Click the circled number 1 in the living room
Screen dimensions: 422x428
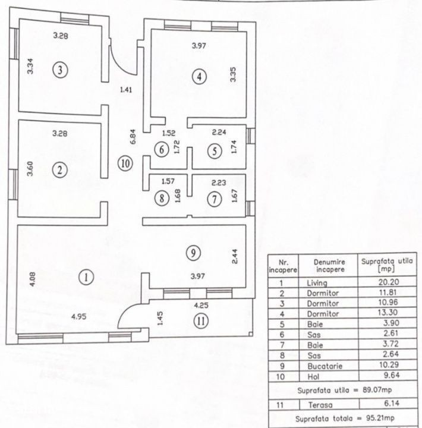tap(86, 278)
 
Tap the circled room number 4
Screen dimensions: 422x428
tap(199, 77)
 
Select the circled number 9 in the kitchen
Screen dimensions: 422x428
tap(193, 253)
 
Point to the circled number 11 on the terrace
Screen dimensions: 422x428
tap(201, 321)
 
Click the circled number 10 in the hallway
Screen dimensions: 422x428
tap(125, 163)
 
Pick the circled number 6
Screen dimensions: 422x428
tap(162, 150)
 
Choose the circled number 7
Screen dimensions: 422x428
tap(215, 199)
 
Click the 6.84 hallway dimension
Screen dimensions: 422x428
tap(133, 137)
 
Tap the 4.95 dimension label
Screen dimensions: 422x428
tap(78, 317)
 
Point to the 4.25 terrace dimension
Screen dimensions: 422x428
tap(201, 305)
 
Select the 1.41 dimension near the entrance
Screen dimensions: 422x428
tap(126, 89)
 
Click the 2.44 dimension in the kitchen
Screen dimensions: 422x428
tap(234, 257)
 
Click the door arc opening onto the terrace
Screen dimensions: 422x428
tap(129, 314)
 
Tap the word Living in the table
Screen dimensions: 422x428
tap(317, 283)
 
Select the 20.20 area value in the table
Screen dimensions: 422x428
tap(389, 282)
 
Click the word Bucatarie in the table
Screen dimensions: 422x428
tap(325, 366)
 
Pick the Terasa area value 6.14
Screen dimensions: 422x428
tap(392, 403)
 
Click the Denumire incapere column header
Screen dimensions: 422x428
tap(329, 266)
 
